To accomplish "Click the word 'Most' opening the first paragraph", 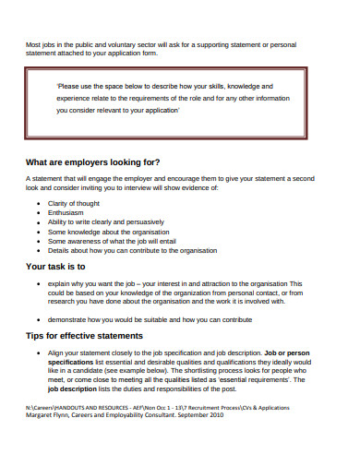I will (x=33, y=43).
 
